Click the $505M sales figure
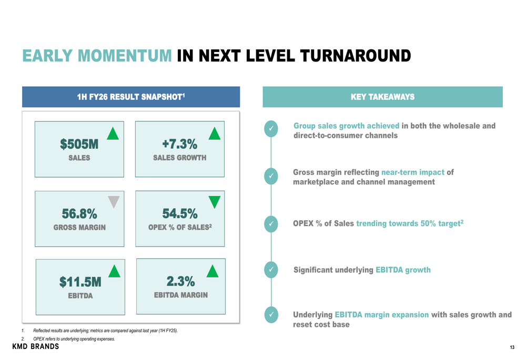click(79, 144)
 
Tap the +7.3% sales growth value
click(180, 144)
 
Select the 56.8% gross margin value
click(79, 213)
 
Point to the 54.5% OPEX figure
click(180, 213)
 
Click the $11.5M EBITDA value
click(80, 282)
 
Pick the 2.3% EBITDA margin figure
click(181, 281)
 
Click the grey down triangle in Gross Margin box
click(114, 202)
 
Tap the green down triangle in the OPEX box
click(215, 202)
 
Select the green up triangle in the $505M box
click(113, 133)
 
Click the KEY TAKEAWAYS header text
click(383, 97)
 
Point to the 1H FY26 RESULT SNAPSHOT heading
click(131, 97)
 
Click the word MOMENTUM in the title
click(125, 56)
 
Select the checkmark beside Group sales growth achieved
click(271, 129)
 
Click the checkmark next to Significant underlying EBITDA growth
click(271, 270)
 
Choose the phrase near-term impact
click(413, 172)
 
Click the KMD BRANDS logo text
click(36, 346)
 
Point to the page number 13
click(512, 347)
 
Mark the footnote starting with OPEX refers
click(68, 339)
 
